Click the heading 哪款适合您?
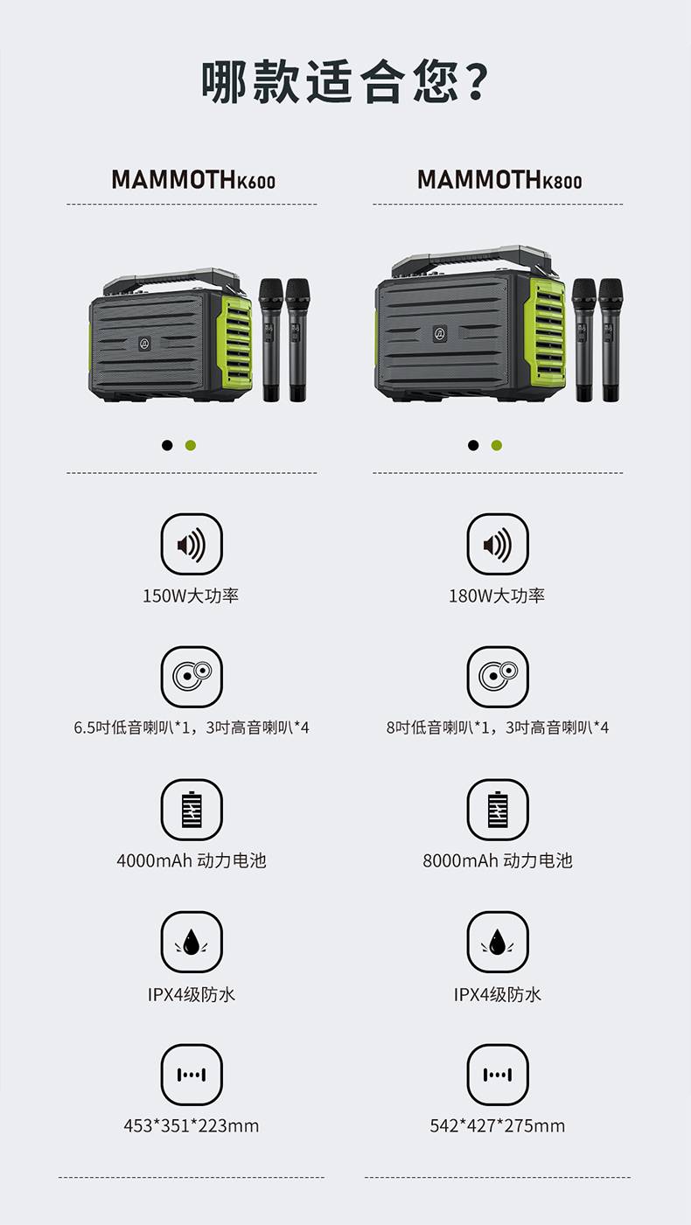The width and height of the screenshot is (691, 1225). point(345,82)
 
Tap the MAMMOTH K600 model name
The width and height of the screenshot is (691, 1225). point(193,179)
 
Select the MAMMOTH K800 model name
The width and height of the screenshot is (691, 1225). point(499,179)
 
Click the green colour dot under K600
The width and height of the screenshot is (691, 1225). point(191,445)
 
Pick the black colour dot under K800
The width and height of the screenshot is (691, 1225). point(473,445)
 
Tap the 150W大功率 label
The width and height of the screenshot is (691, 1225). point(191,595)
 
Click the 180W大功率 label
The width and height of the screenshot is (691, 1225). point(497,595)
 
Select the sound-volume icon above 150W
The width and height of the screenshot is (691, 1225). point(192,544)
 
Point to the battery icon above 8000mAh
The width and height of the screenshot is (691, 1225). point(498,810)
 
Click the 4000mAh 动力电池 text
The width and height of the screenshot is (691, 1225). point(191,860)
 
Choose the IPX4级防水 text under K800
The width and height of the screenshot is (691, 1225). point(498,993)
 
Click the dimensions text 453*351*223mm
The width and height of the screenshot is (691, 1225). point(191,1126)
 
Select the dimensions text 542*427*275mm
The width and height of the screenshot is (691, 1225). point(498,1126)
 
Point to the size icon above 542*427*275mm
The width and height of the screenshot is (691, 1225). point(498,1075)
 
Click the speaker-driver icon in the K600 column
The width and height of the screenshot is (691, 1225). point(192,677)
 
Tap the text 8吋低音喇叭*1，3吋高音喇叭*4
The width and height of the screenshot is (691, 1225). point(498,727)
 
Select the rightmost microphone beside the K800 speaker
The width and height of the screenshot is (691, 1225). point(610,340)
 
